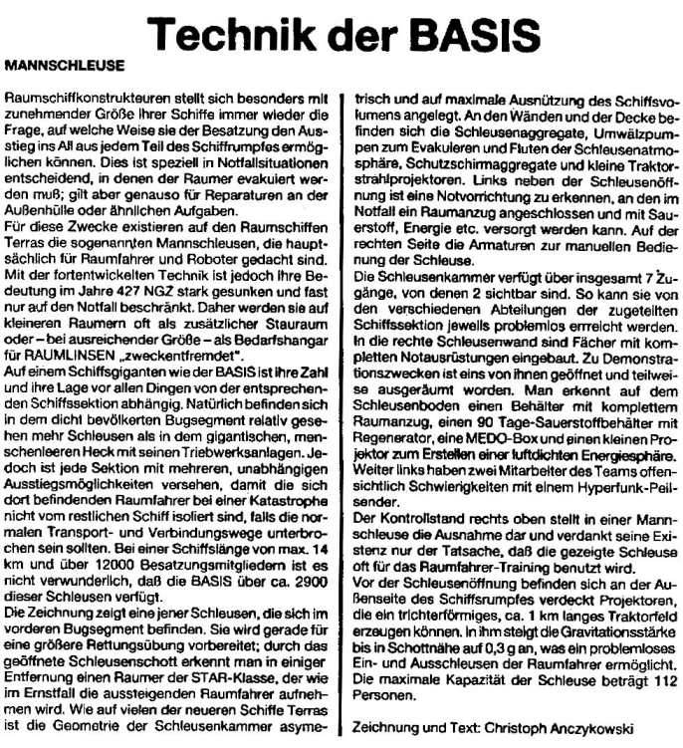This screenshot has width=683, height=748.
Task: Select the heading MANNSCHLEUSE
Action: coord(64,66)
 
